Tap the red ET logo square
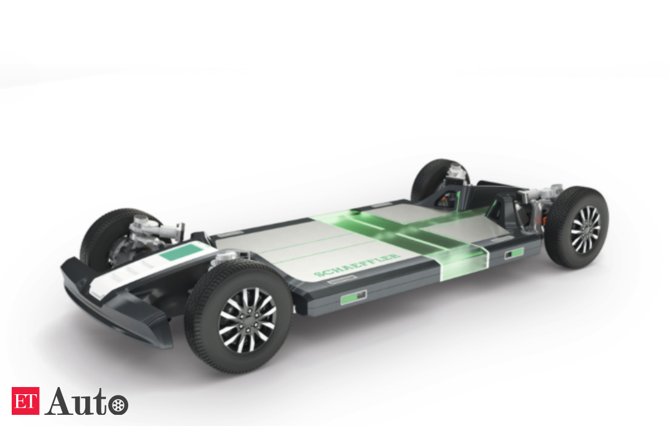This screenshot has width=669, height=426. click(x=26, y=400)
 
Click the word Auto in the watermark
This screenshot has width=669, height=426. click(x=76, y=401)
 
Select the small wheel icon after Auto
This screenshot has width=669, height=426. click(x=118, y=405)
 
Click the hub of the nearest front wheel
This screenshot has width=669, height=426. click(x=248, y=320)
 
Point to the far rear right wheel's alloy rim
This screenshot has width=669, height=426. click(x=585, y=229)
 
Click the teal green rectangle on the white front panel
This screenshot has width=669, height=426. click(x=181, y=252)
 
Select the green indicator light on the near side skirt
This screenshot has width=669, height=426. click(x=353, y=297)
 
